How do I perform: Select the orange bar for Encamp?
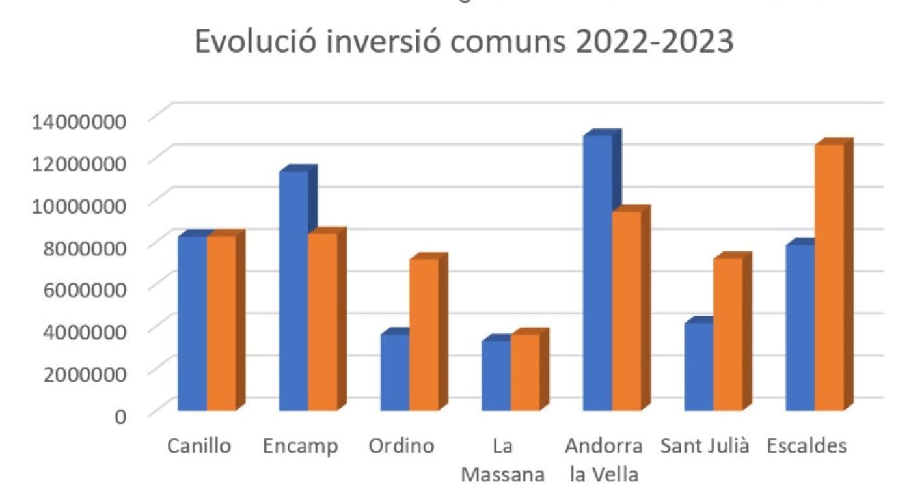tap(322, 322)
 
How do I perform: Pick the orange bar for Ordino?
tap(424, 335)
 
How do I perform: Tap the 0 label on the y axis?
tap(121, 415)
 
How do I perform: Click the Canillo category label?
tap(199, 447)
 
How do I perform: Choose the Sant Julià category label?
tap(705, 447)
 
